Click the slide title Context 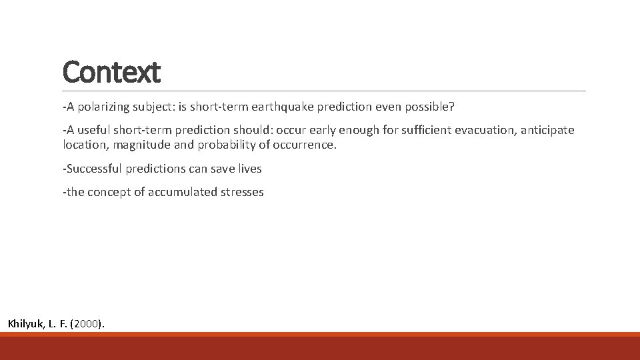point(111,72)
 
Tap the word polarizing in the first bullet point(101,107)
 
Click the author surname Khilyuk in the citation point(25,324)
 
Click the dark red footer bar point(320,348)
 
